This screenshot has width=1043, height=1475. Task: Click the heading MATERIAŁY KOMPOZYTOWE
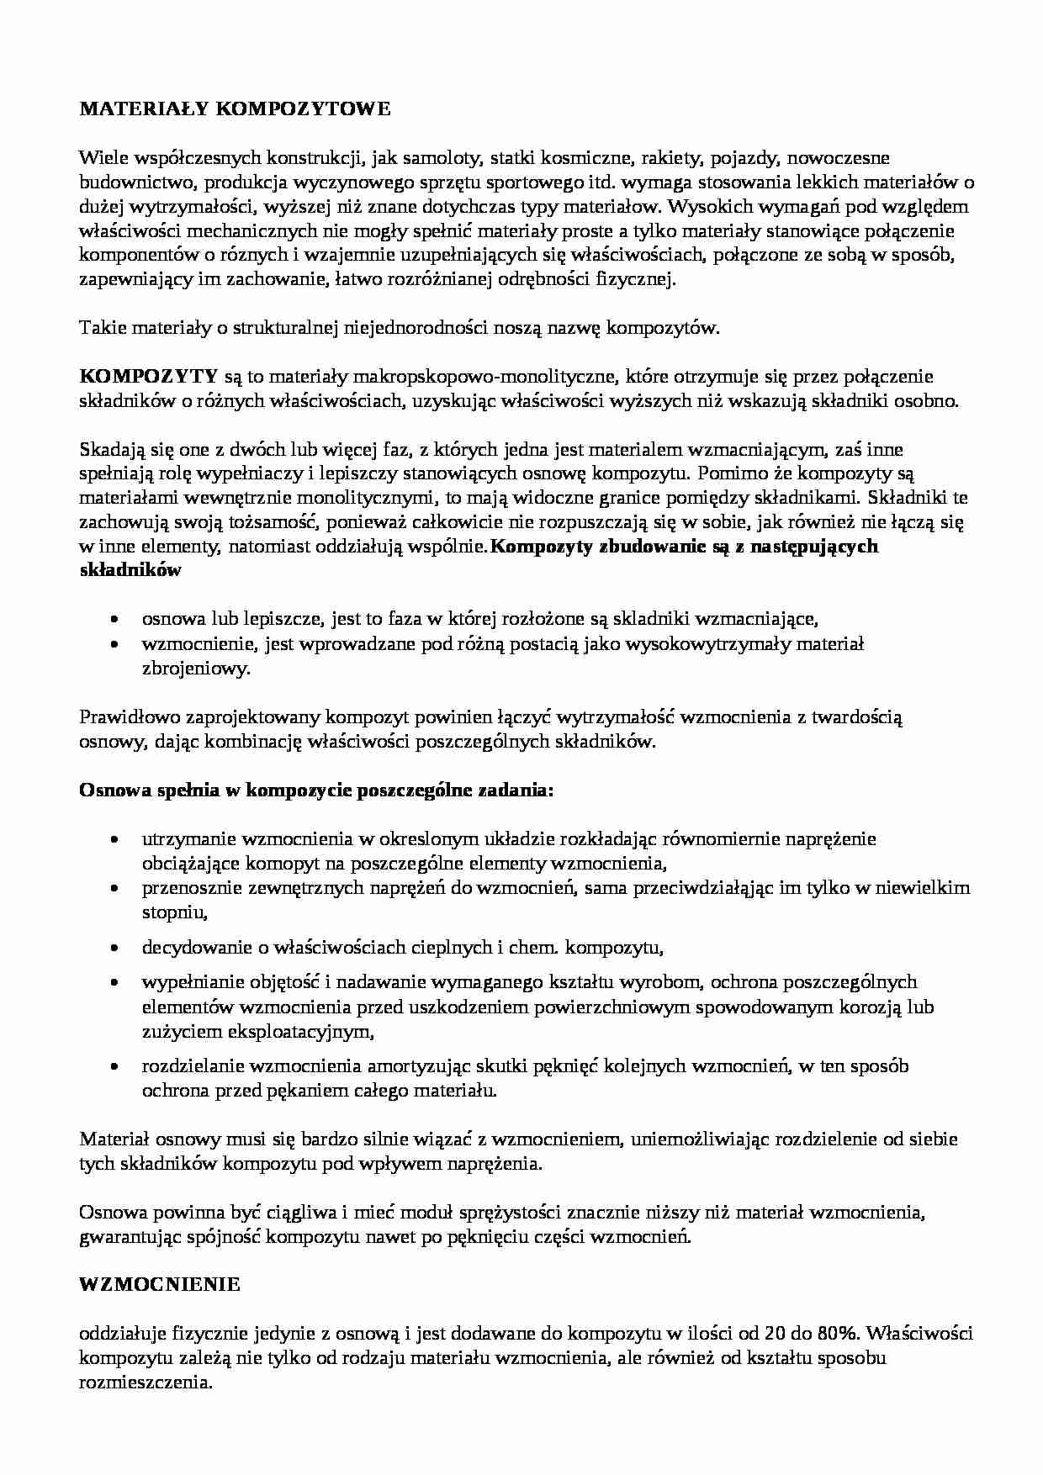(x=235, y=109)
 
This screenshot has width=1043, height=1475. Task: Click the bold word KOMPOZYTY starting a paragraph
(x=149, y=376)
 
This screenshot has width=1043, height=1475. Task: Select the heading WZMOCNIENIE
(x=160, y=1285)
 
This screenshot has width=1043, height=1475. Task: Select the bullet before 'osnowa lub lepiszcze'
(x=114, y=620)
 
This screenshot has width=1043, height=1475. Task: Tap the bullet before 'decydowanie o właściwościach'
(x=114, y=949)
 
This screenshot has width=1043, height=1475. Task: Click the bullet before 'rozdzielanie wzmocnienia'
(x=114, y=1067)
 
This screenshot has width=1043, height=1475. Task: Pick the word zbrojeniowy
(x=195, y=669)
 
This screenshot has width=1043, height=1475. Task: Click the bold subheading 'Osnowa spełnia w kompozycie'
(x=316, y=791)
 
